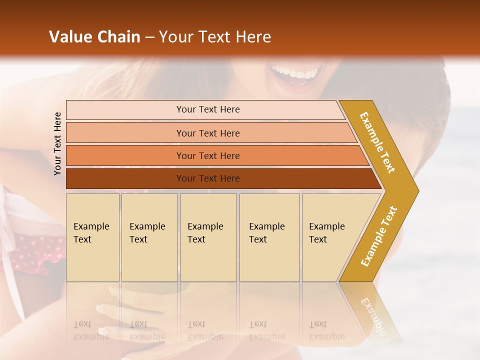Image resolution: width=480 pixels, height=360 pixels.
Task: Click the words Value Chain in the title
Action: [94, 37]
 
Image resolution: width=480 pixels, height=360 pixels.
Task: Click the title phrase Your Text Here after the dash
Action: [215, 37]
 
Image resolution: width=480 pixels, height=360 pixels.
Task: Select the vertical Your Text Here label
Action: [58, 144]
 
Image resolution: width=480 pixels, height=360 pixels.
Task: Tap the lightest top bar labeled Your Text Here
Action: [207, 109]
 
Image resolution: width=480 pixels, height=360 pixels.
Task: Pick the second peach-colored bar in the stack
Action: [207, 133]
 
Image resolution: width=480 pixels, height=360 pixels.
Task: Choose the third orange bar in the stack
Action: [207, 155]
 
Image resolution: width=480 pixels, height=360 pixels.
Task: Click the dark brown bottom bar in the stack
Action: [207, 178]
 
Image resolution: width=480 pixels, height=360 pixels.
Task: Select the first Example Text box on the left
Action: [92, 237]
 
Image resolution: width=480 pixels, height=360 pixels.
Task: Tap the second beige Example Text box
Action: [149, 237]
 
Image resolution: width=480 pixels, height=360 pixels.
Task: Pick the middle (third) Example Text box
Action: [208, 237]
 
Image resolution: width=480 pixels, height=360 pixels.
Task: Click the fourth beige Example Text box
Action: [269, 237]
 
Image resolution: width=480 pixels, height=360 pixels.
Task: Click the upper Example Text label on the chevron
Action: [377, 142]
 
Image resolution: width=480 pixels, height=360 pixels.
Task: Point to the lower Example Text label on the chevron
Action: [379, 236]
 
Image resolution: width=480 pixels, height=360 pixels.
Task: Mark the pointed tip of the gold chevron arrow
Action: [417, 191]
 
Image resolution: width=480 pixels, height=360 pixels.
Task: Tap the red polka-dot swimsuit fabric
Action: [35, 250]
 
